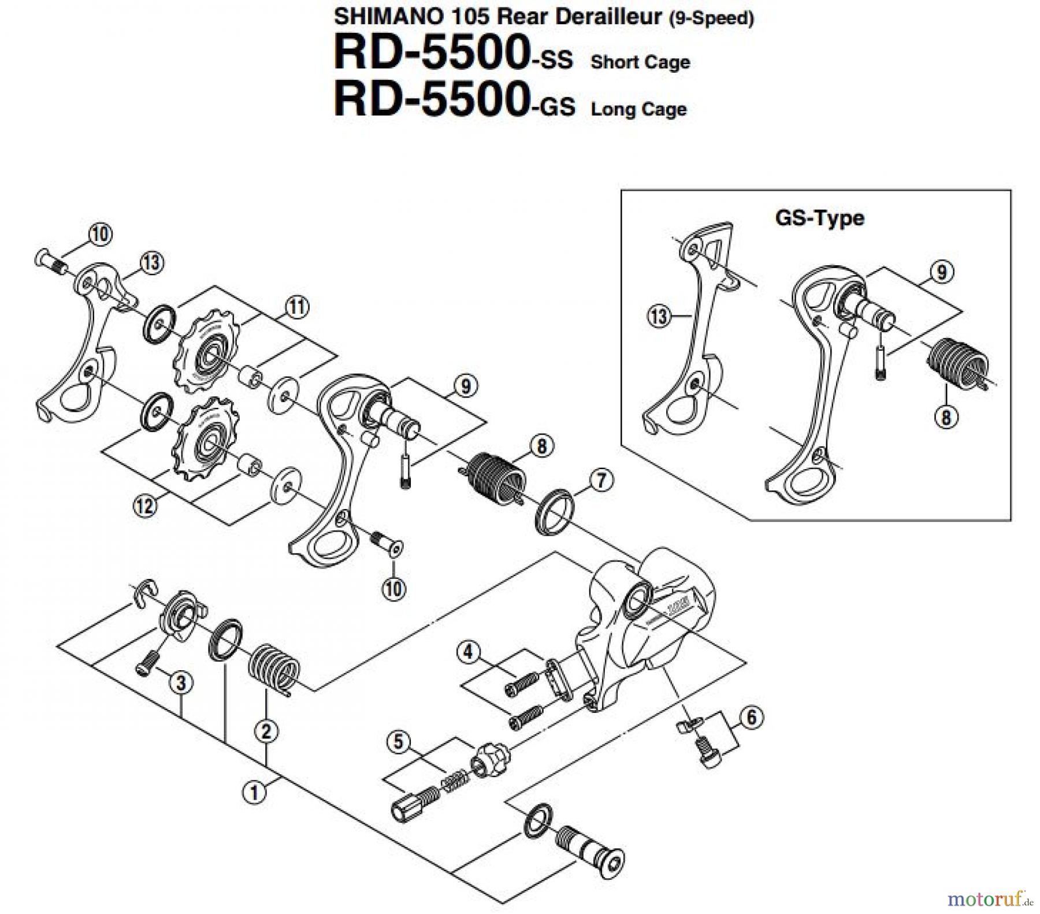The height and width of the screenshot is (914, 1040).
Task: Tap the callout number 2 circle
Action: pyautogui.click(x=266, y=731)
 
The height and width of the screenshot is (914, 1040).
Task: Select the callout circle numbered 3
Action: pyautogui.click(x=181, y=683)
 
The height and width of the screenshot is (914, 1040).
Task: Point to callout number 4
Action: pyautogui.click(x=468, y=653)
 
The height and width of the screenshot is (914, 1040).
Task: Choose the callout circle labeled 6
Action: pyautogui.click(x=751, y=718)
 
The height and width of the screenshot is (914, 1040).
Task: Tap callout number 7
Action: pyautogui.click(x=601, y=480)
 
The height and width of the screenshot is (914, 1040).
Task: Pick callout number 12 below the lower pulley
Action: pyautogui.click(x=145, y=506)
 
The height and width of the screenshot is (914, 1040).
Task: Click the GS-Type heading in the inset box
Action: pyautogui.click(x=819, y=218)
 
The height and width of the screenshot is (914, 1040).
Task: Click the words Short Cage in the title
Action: pyautogui.click(x=640, y=62)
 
